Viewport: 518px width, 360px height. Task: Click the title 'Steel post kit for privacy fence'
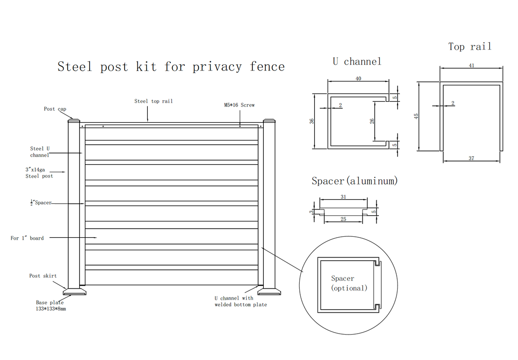pos(171,67)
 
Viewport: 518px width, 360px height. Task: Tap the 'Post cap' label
pos(55,109)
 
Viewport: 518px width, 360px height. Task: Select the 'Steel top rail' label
pos(153,101)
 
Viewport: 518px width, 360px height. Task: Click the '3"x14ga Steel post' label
pos(39,173)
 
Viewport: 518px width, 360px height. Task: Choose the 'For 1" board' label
pos(27,238)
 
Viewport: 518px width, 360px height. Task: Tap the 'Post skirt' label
pos(43,276)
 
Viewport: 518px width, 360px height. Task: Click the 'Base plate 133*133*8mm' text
pos(51,306)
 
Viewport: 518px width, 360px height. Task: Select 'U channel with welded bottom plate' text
pos(241,302)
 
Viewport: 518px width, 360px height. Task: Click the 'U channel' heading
pos(357,61)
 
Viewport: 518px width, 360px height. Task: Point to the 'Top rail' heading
pos(470,46)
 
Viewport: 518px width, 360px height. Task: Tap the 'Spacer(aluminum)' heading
pos(355,181)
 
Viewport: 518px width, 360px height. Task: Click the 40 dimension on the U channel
pos(358,78)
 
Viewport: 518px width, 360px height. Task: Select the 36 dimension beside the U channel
pos(312,121)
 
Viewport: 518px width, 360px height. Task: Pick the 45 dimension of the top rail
pos(416,116)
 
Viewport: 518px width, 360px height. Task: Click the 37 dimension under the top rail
pos(471,158)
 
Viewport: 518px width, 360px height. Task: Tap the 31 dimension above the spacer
pos(343,197)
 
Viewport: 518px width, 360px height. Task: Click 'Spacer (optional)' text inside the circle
pos(349,283)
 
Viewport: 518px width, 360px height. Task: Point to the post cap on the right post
pos(268,120)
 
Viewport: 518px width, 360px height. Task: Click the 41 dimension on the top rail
pos(471,66)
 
